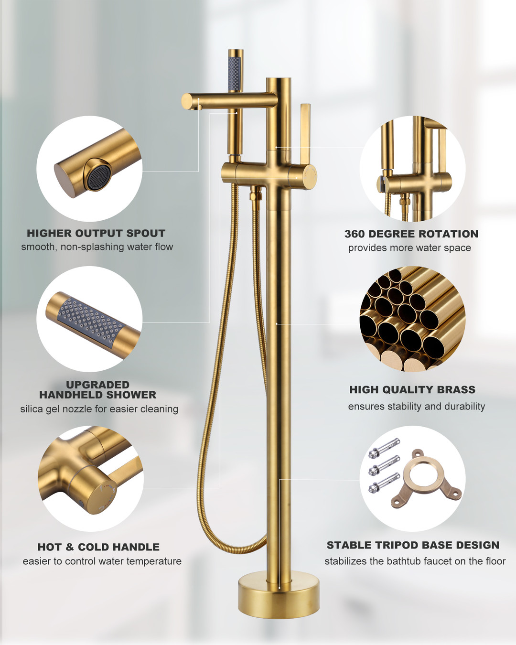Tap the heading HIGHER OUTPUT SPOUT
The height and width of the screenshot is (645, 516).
pos(96,233)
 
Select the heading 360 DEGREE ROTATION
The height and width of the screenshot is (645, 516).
pos(411,234)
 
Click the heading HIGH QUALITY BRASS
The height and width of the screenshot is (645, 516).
pos(412,390)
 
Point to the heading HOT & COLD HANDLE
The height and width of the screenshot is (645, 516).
pos(98,547)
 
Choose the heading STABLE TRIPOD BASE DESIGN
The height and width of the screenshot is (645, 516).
pos(413,545)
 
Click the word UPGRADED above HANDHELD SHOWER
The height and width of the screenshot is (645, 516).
pos(98,385)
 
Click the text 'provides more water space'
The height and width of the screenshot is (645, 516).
pos(409,248)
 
